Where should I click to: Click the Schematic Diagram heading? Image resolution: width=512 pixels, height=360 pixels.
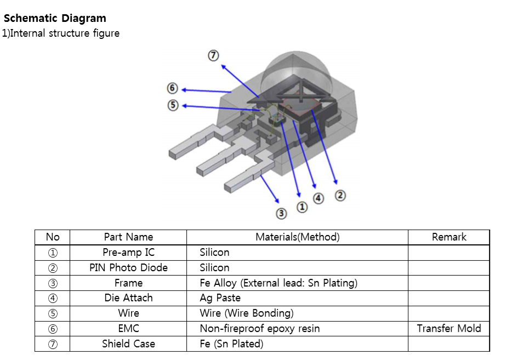55,19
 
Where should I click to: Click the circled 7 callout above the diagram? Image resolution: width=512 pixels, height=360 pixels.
213,55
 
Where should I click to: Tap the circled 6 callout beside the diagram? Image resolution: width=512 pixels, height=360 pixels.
173,88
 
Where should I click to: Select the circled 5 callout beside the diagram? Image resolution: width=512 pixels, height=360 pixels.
173,105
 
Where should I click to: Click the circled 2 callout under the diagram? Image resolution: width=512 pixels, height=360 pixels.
340,195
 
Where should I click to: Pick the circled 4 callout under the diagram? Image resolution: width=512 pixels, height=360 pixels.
318,198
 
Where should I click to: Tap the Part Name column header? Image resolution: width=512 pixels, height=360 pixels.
128,237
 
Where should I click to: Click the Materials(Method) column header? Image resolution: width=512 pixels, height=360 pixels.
297,237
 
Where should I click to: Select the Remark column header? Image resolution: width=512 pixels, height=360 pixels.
448,237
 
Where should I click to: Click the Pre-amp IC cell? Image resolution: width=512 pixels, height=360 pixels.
128,253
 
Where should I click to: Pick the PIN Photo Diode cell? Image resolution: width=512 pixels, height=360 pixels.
128,268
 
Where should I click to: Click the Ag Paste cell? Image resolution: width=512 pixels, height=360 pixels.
220,298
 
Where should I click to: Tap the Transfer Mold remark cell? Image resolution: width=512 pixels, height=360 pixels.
448,329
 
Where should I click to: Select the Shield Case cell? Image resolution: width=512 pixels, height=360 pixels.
128,344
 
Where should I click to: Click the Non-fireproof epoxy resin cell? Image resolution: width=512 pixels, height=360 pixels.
259,329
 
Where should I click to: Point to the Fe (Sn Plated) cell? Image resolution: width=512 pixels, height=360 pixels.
231,344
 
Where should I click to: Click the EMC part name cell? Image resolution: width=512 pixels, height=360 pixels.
128,329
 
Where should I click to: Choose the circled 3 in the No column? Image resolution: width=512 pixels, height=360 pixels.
53,283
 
